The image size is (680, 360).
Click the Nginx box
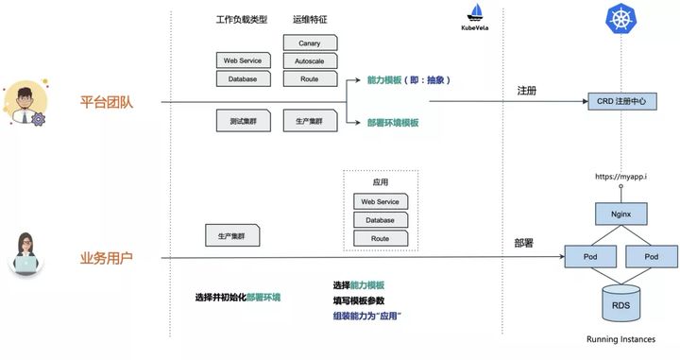click(x=620, y=214)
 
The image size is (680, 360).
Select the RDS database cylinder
click(x=620, y=303)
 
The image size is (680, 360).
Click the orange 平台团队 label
click(x=106, y=101)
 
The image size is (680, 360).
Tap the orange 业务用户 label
click(x=106, y=257)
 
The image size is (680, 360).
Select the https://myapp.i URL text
click(x=620, y=177)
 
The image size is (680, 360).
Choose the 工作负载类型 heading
click(x=242, y=19)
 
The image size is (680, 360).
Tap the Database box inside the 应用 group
click(x=380, y=220)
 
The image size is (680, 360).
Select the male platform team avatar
click(x=24, y=101)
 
